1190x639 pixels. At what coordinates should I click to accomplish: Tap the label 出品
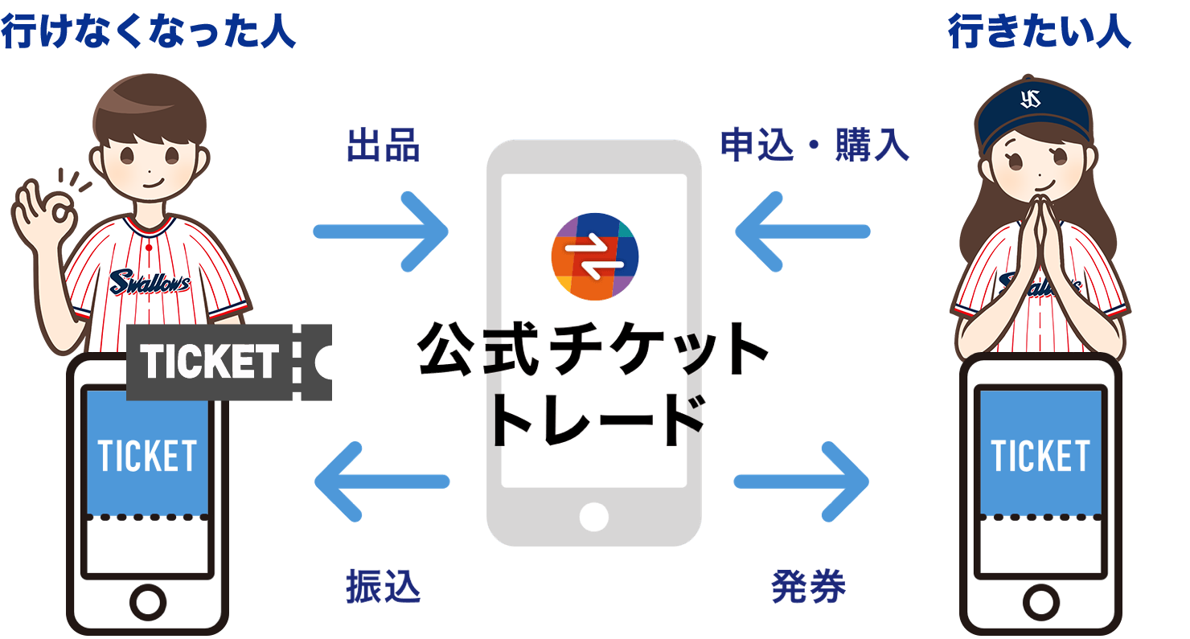[x=383, y=147]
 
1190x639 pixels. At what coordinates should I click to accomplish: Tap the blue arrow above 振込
[x=381, y=482]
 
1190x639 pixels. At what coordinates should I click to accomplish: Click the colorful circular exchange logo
[x=595, y=256]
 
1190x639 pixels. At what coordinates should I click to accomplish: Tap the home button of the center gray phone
[x=594, y=516]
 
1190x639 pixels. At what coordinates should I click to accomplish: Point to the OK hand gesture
[x=44, y=213]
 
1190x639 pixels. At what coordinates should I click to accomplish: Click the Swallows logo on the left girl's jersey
[x=150, y=282]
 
